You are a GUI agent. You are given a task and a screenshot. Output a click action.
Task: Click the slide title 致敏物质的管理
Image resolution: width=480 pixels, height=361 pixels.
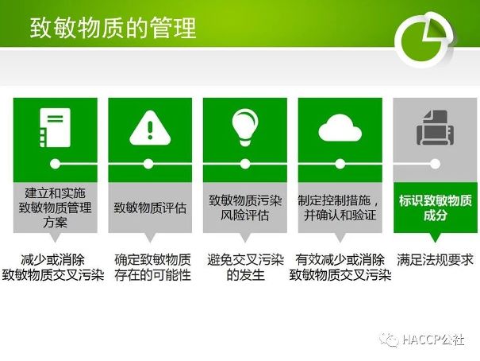pos(113,28)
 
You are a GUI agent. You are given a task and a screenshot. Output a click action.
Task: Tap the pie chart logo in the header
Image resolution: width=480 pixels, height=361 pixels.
pos(424,40)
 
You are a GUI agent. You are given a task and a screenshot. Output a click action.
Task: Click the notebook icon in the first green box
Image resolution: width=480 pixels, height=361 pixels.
pos(55,127)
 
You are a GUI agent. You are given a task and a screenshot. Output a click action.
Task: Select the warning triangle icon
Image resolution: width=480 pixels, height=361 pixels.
pos(150,128)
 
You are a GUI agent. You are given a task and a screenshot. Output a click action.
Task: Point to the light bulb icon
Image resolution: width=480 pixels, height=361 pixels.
pos(245,127)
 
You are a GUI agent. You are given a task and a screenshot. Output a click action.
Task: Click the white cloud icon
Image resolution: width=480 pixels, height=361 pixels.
pos(340,127)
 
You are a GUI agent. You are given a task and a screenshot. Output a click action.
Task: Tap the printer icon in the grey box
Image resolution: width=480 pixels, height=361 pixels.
pos(435,127)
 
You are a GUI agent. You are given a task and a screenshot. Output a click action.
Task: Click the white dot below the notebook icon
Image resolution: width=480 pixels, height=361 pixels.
pos(55,164)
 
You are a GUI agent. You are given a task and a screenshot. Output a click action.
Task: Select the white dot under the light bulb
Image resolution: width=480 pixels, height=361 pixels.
pos(245,164)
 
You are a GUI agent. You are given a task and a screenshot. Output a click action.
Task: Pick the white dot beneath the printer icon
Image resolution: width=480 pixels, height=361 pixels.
pos(435,164)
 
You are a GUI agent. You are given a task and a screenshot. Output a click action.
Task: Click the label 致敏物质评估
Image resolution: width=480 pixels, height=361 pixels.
pos(150,208)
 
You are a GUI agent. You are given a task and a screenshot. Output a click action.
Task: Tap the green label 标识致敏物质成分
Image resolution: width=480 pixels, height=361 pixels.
pos(436,208)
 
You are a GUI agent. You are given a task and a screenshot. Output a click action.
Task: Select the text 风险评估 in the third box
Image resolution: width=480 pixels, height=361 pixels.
pos(245,215)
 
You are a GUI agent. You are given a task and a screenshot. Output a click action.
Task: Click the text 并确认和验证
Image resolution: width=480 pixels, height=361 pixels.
pos(340,215)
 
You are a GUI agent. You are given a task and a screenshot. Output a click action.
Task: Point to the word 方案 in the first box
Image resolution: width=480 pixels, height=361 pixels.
pos(55,223)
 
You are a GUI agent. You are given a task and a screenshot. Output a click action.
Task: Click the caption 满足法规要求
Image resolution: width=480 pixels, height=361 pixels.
pos(435,260)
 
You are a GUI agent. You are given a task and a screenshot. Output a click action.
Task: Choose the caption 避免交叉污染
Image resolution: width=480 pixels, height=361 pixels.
pos(245,260)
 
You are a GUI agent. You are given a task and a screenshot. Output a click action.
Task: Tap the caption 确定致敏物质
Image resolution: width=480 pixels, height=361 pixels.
pos(153,260)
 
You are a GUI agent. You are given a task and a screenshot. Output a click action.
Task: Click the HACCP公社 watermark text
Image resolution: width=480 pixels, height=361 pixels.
pos(433,340)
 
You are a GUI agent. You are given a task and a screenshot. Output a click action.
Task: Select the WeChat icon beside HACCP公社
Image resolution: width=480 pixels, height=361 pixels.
pos(389,340)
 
